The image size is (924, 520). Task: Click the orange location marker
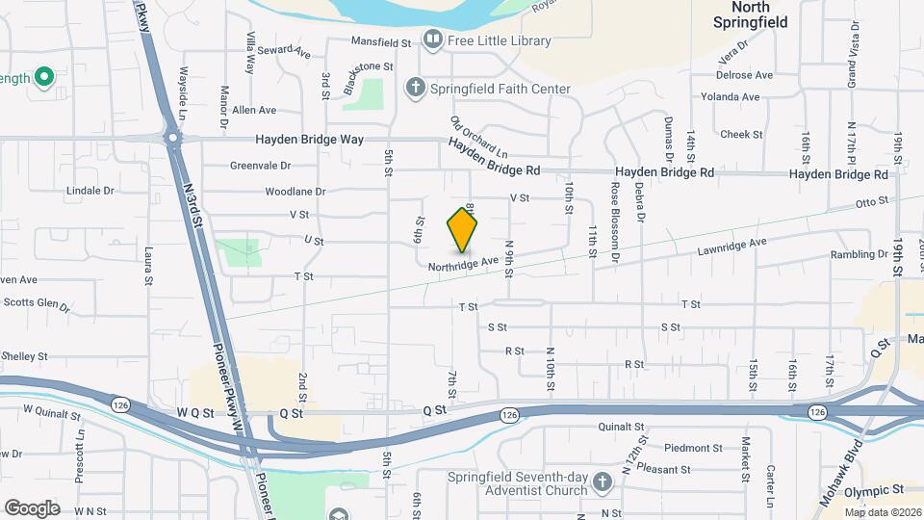click(x=463, y=230)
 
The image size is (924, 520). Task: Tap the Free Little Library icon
click(x=433, y=40)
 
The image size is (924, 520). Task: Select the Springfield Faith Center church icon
click(x=416, y=89)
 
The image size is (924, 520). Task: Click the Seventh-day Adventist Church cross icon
click(x=602, y=481)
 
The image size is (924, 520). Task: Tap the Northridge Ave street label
click(x=464, y=261)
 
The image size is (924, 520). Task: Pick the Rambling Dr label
click(x=860, y=255)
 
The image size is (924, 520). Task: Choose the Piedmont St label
click(x=693, y=448)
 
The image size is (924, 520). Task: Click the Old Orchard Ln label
click(x=478, y=138)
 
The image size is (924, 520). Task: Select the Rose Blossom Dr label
click(x=613, y=213)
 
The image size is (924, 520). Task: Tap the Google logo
click(x=32, y=507)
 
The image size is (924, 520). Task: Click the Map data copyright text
click(x=883, y=512)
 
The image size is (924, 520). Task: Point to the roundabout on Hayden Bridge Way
click(x=173, y=140)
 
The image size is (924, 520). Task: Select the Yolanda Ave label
click(x=730, y=97)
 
